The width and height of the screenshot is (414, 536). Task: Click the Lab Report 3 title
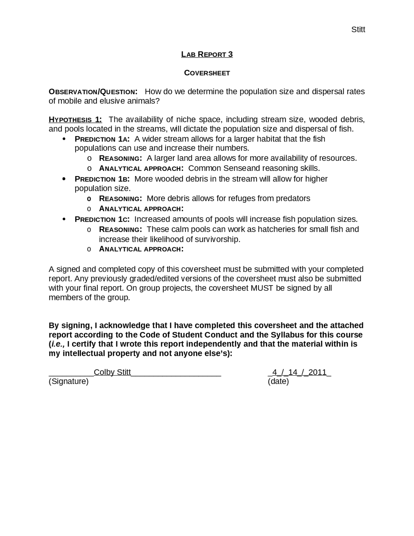click(207, 54)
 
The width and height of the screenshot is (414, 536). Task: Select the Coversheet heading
click(207, 73)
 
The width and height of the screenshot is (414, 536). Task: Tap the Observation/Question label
click(93, 92)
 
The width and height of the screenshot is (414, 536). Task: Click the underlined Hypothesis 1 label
click(75, 120)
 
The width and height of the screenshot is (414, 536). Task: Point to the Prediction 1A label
click(102, 139)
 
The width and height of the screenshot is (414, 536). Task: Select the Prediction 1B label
click(102, 179)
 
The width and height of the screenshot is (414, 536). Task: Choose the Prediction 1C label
click(102, 219)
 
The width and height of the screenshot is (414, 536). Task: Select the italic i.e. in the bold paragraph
click(58, 344)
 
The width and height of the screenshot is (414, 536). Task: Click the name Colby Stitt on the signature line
click(112, 372)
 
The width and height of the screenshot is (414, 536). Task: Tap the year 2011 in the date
click(317, 372)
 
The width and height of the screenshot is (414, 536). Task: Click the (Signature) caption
click(69, 381)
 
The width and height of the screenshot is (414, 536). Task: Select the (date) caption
click(278, 381)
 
